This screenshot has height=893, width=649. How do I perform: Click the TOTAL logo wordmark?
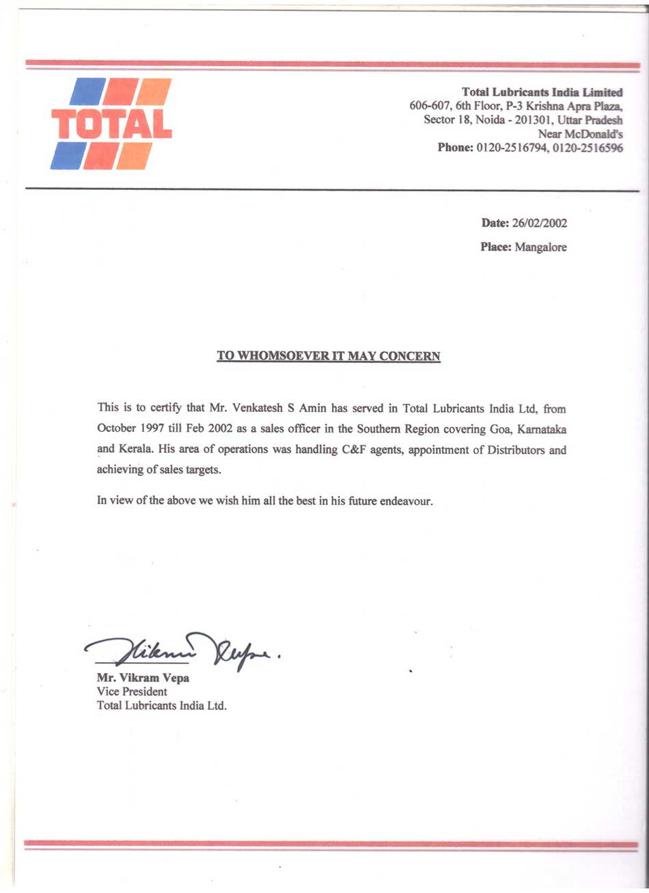coord(111,125)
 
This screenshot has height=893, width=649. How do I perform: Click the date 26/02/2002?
coord(539,223)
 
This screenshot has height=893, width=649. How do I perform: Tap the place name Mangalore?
coord(540,247)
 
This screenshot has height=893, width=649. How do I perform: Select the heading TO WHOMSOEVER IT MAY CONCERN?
coord(329,356)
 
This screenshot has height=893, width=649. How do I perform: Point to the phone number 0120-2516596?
coord(588,148)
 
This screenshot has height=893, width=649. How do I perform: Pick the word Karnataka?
coord(542,430)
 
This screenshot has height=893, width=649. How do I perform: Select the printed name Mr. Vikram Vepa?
coord(143,678)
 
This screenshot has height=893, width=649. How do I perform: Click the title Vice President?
coord(132,691)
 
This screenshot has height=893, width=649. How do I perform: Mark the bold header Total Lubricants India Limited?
coord(542,92)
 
